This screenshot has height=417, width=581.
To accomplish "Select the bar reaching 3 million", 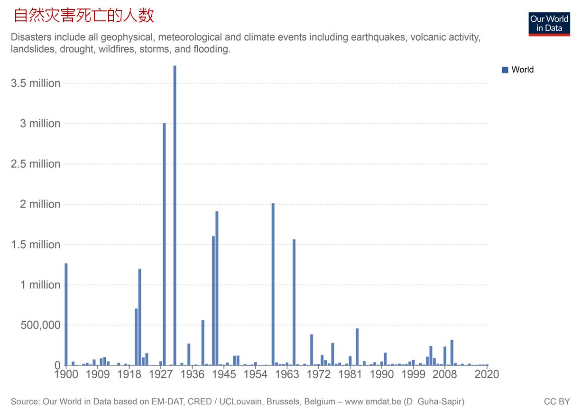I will pos(164,244).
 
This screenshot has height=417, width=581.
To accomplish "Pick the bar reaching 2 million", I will pos(273,284).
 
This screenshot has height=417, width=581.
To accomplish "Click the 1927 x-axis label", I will pos(160,374).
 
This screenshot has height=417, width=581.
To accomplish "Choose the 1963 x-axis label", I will pos(287,374).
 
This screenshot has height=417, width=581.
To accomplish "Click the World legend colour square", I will pos(505,70).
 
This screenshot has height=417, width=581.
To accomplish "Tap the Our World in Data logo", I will pos(549,24).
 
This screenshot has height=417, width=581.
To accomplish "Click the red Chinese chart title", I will pos(84,16).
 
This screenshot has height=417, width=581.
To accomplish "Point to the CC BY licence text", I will pos(557,402).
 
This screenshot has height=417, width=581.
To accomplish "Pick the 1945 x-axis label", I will pos(224,374).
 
